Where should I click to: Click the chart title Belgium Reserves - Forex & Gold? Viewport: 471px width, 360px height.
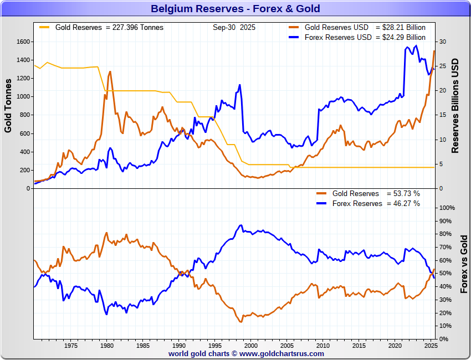click(x=235, y=9)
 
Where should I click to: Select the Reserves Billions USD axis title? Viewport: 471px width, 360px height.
click(x=455, y=105)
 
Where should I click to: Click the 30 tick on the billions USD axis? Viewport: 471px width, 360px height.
click(x=442, y=42)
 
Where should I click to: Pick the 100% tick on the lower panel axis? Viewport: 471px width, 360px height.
click(x=447, y=208)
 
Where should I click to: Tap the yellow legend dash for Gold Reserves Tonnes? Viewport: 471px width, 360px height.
click(x=44, y=27)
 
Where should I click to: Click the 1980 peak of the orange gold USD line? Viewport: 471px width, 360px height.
click(x=110, y=71)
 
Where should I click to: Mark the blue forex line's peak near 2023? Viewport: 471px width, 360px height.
click(x=416, y=46)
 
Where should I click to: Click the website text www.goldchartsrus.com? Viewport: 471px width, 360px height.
click(x=281, y=353)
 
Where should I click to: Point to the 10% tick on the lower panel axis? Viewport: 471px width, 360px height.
click(x=445, y=326)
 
